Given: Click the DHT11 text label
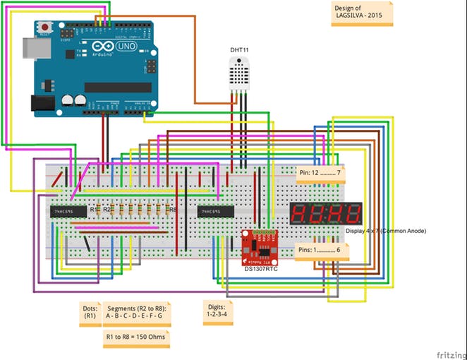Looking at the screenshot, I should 240,50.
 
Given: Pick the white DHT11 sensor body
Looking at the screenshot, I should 240,73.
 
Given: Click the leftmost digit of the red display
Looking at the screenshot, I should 299,214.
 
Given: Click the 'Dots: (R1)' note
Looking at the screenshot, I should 90,311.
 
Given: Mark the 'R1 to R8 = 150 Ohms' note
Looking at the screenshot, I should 135,337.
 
